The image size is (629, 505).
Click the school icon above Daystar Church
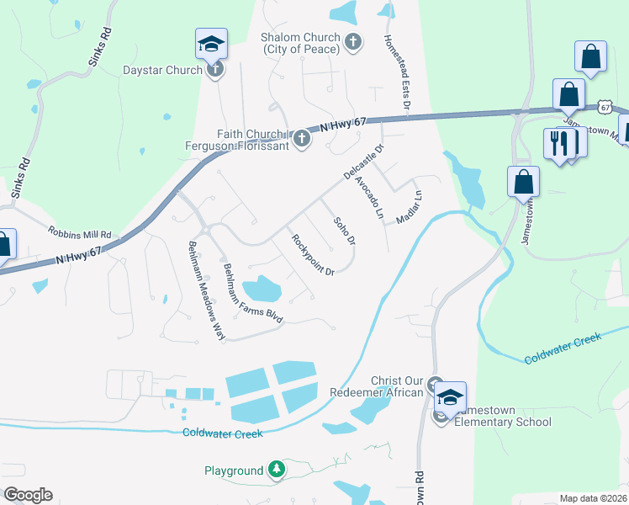pos(211,45)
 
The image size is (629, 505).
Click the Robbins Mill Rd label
pos(80,233)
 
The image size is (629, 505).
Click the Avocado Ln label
pos(368,199)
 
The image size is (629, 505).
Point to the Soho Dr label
pos(345,232)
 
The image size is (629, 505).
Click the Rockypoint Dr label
pos(313,254)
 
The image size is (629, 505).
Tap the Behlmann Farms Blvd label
pos(252,293)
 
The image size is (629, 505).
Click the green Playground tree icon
pos(277,470)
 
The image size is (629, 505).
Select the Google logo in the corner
pos(28,495)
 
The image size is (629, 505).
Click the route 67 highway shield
pos(605,107)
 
